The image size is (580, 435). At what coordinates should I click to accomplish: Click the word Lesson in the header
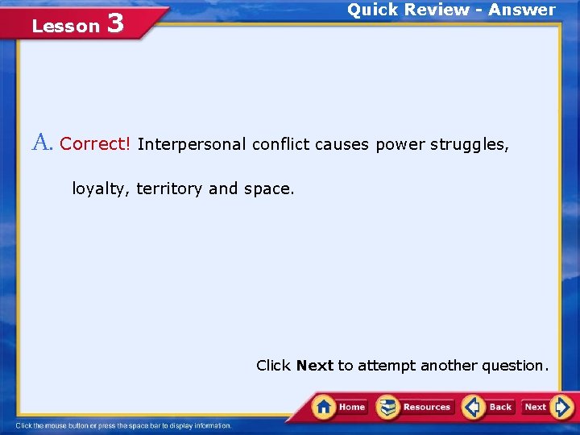click(x=65, y=27)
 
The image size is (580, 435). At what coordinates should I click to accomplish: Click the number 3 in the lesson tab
click(x=114, y=23)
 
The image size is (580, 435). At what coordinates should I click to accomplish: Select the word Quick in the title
click(x=372, y=10)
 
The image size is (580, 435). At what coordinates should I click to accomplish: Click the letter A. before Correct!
click(x=43, y=143)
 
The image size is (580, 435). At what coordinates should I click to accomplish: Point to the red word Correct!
click(x=95, y=144)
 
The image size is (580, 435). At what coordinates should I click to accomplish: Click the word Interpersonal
click(x=192, y=144)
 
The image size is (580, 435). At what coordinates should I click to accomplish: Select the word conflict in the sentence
click(x=281, y=144)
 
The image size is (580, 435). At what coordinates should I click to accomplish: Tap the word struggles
click(x=469, y=144)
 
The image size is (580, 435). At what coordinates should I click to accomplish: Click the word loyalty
click(x=101, y=188)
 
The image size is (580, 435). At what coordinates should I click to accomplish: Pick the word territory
click(x=169, y=188)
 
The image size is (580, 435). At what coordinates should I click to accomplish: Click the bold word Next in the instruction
click(x=314, y=366)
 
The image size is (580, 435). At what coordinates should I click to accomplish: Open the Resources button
click(x=416, y=407)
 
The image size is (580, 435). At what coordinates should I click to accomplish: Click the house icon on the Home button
click(x=324, y=406)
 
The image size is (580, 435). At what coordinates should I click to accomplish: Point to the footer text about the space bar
click(x=123, y=425)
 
